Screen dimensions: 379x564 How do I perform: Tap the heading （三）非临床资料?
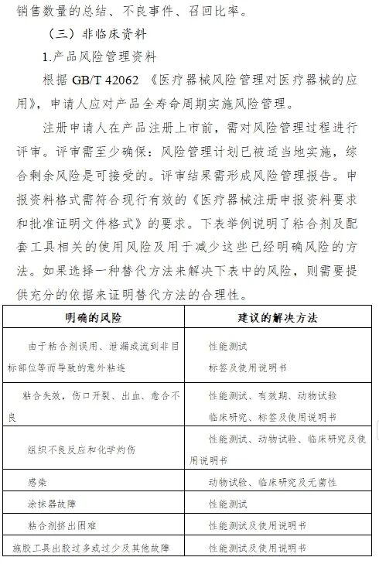click(x=97, y=35)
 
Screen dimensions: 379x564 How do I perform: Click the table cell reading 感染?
click(x=38, y=482)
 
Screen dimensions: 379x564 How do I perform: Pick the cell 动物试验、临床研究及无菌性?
click(x=271, y=482)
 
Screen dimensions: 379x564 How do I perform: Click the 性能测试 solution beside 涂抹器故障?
click(x=227, y=504)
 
